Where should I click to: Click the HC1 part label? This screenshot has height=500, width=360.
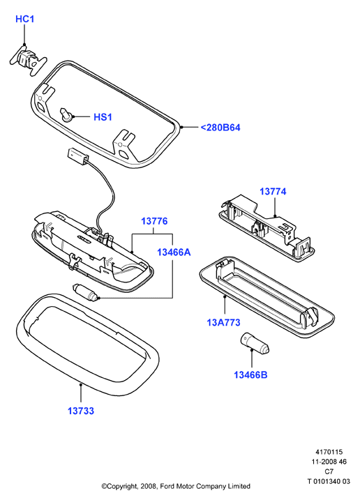(24, 19)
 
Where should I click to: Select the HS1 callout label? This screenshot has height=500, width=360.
(103, 117)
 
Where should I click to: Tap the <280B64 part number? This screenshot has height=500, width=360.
(220, 128)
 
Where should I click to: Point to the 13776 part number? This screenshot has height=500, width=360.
(154, 221)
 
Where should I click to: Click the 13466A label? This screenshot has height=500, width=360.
(174, 252)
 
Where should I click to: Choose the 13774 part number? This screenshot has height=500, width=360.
(273, 191)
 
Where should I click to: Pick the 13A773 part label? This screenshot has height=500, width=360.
(223, 322)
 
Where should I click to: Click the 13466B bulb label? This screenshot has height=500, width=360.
(250, 374)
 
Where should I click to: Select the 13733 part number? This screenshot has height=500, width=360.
(81, 411)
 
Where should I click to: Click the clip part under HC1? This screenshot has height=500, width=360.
(28, 60)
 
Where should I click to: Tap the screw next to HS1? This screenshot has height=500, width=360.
(66, 115)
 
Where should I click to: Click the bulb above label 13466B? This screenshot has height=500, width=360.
(255, 343)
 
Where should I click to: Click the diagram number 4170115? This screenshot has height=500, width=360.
(329, 452)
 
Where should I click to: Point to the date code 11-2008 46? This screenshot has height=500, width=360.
(329, 462)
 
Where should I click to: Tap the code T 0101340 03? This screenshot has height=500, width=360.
(329, 481)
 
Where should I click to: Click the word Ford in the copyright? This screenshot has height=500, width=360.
(167, 486)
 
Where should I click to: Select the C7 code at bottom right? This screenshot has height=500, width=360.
(329, 471)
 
